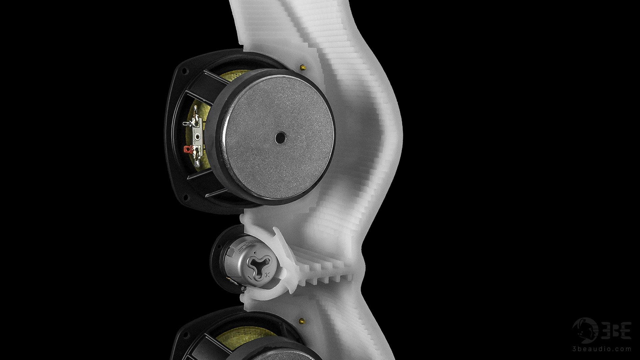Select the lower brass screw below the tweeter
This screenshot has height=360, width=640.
click(302, 321)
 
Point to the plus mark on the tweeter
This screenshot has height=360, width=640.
click(267, 275)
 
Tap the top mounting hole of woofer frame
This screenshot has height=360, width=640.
click(184, 71)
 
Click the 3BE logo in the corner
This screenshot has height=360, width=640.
click(602, 331)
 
